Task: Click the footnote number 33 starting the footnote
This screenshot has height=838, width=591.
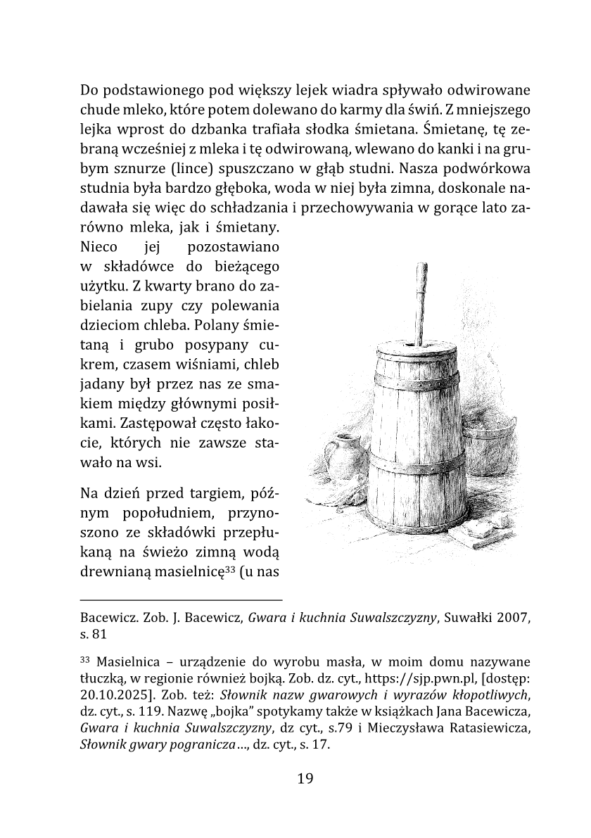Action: coord(86,661)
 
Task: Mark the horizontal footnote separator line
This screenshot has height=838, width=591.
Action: coord(182,600)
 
